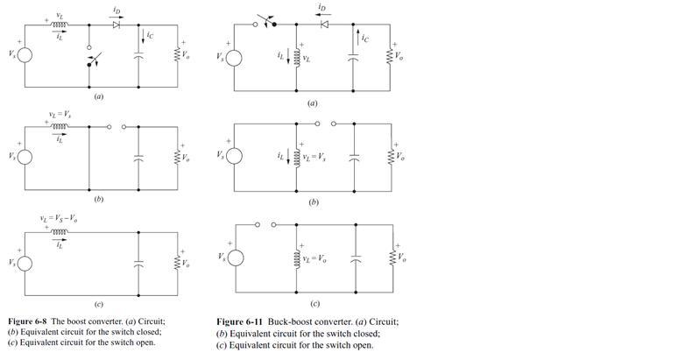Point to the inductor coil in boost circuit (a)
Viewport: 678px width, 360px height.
pyautogui.click(x=59, y=25)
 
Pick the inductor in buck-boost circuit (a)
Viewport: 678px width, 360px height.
pyautogui.click(x=297, y=58)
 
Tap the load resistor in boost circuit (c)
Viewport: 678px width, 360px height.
pyautogui.click(x=178, y=261)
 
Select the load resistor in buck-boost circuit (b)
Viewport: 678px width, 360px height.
pyautogui.click(x=392, y=158)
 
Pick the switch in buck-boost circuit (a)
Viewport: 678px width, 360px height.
pyautogui.click(x=265, y=22)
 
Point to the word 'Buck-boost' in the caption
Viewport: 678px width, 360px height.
pyautogui.click(x=279, y=321)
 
